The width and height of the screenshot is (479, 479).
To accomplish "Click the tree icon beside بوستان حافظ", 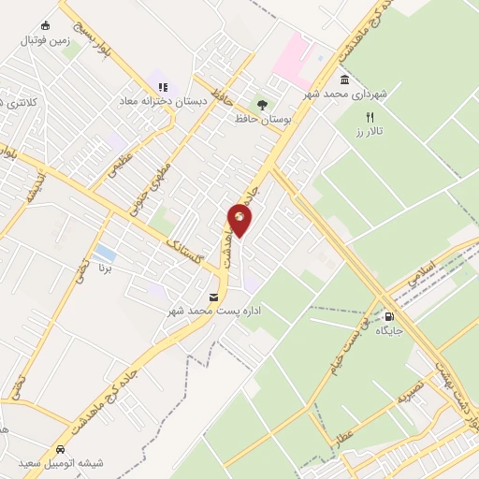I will [x=263, y=105].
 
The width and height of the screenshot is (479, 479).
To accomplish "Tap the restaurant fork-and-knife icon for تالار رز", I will [x=369, y=117].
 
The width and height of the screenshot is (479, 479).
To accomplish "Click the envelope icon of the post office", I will [x=216, y=297].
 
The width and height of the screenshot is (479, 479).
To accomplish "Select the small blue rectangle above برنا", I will [x=106, y=253].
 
